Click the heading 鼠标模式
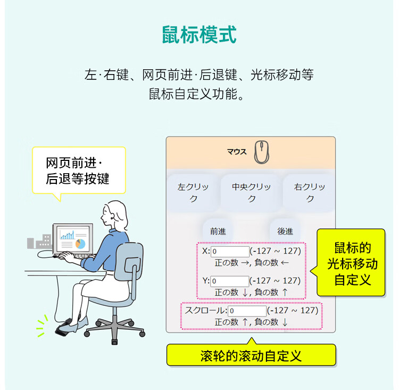point(199,35)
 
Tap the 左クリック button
point(194,193)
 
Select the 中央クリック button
point(252,193)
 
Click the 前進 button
point(218,231)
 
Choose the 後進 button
point(285,231)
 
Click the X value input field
point(230,251)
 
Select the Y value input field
point(230,281)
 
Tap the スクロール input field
point(247,311)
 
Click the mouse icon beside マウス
point(260,152)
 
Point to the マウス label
point(237,152)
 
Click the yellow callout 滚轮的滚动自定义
point(251,355)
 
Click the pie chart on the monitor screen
point(80,243)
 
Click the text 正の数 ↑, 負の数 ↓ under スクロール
point(251,322)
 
